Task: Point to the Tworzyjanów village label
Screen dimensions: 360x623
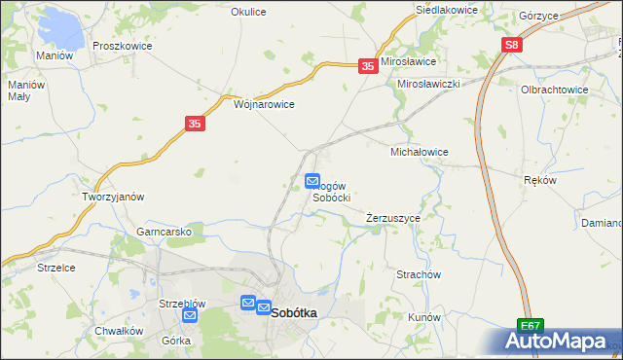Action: coord(113,197)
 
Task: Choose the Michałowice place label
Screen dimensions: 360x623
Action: coord(419,152)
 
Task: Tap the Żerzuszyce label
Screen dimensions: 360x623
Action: coord(393,218)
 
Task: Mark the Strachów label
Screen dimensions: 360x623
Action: coord(419,274)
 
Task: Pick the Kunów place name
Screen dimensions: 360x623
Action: coord(425,317)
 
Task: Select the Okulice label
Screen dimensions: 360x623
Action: coord(248,12)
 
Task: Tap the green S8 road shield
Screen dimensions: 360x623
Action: coord(513,45)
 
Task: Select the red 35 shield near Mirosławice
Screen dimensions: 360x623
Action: coord(367,65)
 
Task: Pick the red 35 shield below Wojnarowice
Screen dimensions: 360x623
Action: coord(195,124)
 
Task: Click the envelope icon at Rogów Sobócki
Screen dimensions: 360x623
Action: coord(312,181)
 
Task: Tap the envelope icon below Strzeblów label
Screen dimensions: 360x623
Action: coord(190,315)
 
